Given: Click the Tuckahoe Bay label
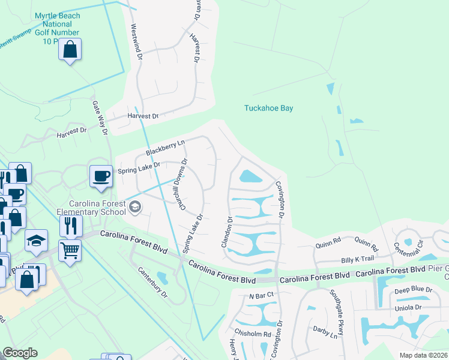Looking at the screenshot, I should pyautogui.click(x=268, y=109).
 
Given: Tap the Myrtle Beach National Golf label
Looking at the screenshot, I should pyautogui.click(x=57, y=27).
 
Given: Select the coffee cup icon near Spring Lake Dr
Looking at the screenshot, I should pyautogui.click(x=100, y=176).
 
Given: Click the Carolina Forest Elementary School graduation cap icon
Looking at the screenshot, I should pyautogui.click(x=135, y=207).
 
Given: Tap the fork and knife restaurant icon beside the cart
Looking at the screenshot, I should pyautogui.click(x=71, y=226).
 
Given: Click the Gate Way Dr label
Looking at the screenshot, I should pyautogui.click(x=100, y=118).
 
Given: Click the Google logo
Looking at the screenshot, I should pyautogui.click(x=20, y=353).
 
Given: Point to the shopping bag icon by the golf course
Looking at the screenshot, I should pyautogui.click(x=70, y=50).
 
